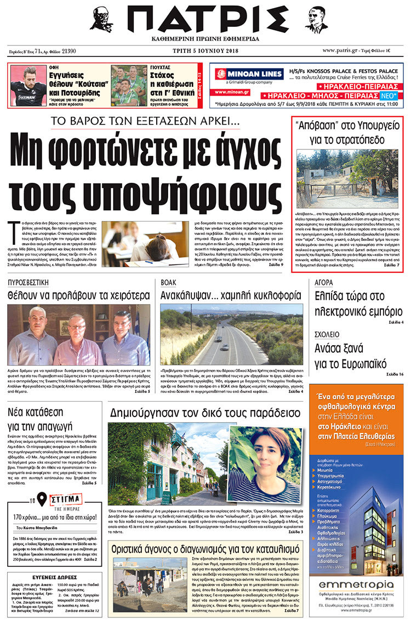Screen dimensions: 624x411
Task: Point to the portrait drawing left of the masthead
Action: (101, 20)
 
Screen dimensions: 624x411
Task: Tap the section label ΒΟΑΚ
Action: (168, 283)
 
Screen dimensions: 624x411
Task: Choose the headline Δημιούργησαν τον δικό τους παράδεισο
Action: (204, 412)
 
